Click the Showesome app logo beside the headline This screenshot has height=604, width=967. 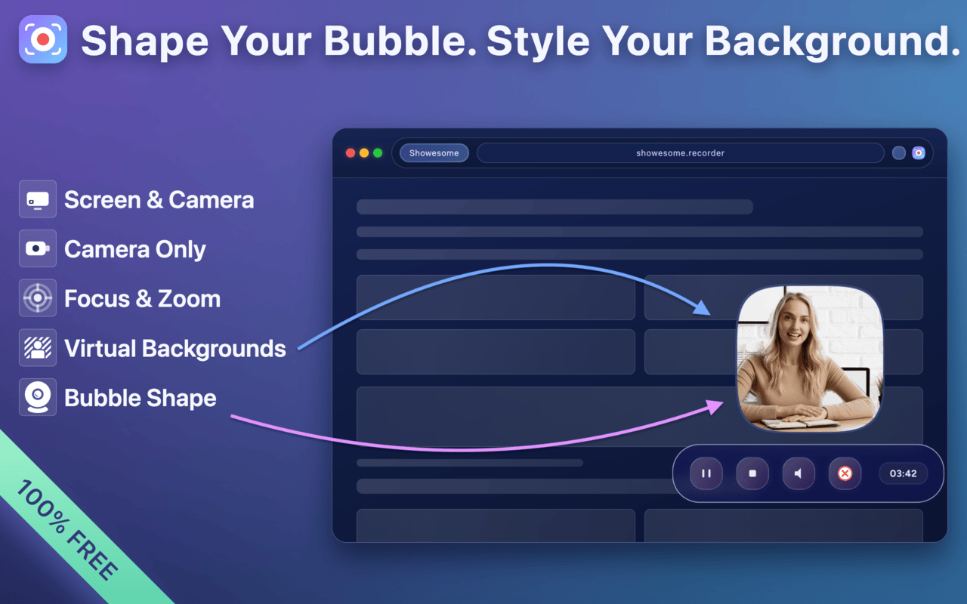43,39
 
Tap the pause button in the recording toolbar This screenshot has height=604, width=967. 706,473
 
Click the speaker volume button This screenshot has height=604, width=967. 799,473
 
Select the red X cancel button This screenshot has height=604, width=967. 845,473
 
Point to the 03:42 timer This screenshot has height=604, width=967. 903,473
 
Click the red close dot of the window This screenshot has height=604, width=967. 351,153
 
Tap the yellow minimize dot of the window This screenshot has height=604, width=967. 364,153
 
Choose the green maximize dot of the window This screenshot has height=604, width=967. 378,153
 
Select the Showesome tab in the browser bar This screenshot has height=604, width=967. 434,153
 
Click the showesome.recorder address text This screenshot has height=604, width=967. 680,153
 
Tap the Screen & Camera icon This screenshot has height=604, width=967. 38,199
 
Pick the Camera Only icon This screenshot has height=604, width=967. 38,248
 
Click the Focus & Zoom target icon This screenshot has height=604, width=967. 38,298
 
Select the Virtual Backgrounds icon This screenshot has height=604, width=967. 38,348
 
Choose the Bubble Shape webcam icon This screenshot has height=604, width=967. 38,397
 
